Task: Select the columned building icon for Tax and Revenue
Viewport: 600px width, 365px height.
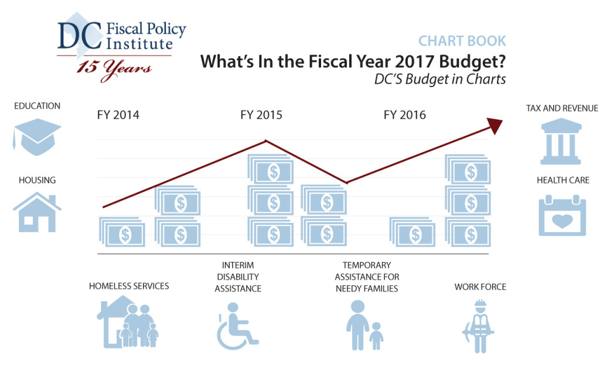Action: click(x=562, y=141)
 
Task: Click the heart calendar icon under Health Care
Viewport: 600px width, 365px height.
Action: click(x=562, y=216)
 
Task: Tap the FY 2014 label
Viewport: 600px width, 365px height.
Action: click(x=118, y=115)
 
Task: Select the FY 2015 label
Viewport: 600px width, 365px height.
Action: click(x=261, y=115)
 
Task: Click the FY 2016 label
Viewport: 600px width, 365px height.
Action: click(x=404, y=115)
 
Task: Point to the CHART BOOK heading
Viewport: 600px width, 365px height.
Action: click(x=462, y=41)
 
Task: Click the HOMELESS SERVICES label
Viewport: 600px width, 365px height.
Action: click(x=129, y=286)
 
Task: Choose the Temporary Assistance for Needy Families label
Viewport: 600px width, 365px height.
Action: click(x=367, y=277)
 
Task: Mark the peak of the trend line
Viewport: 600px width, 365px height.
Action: click(x=267, y=140)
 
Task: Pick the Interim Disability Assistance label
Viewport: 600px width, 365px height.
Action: click(x=238, y=277)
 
